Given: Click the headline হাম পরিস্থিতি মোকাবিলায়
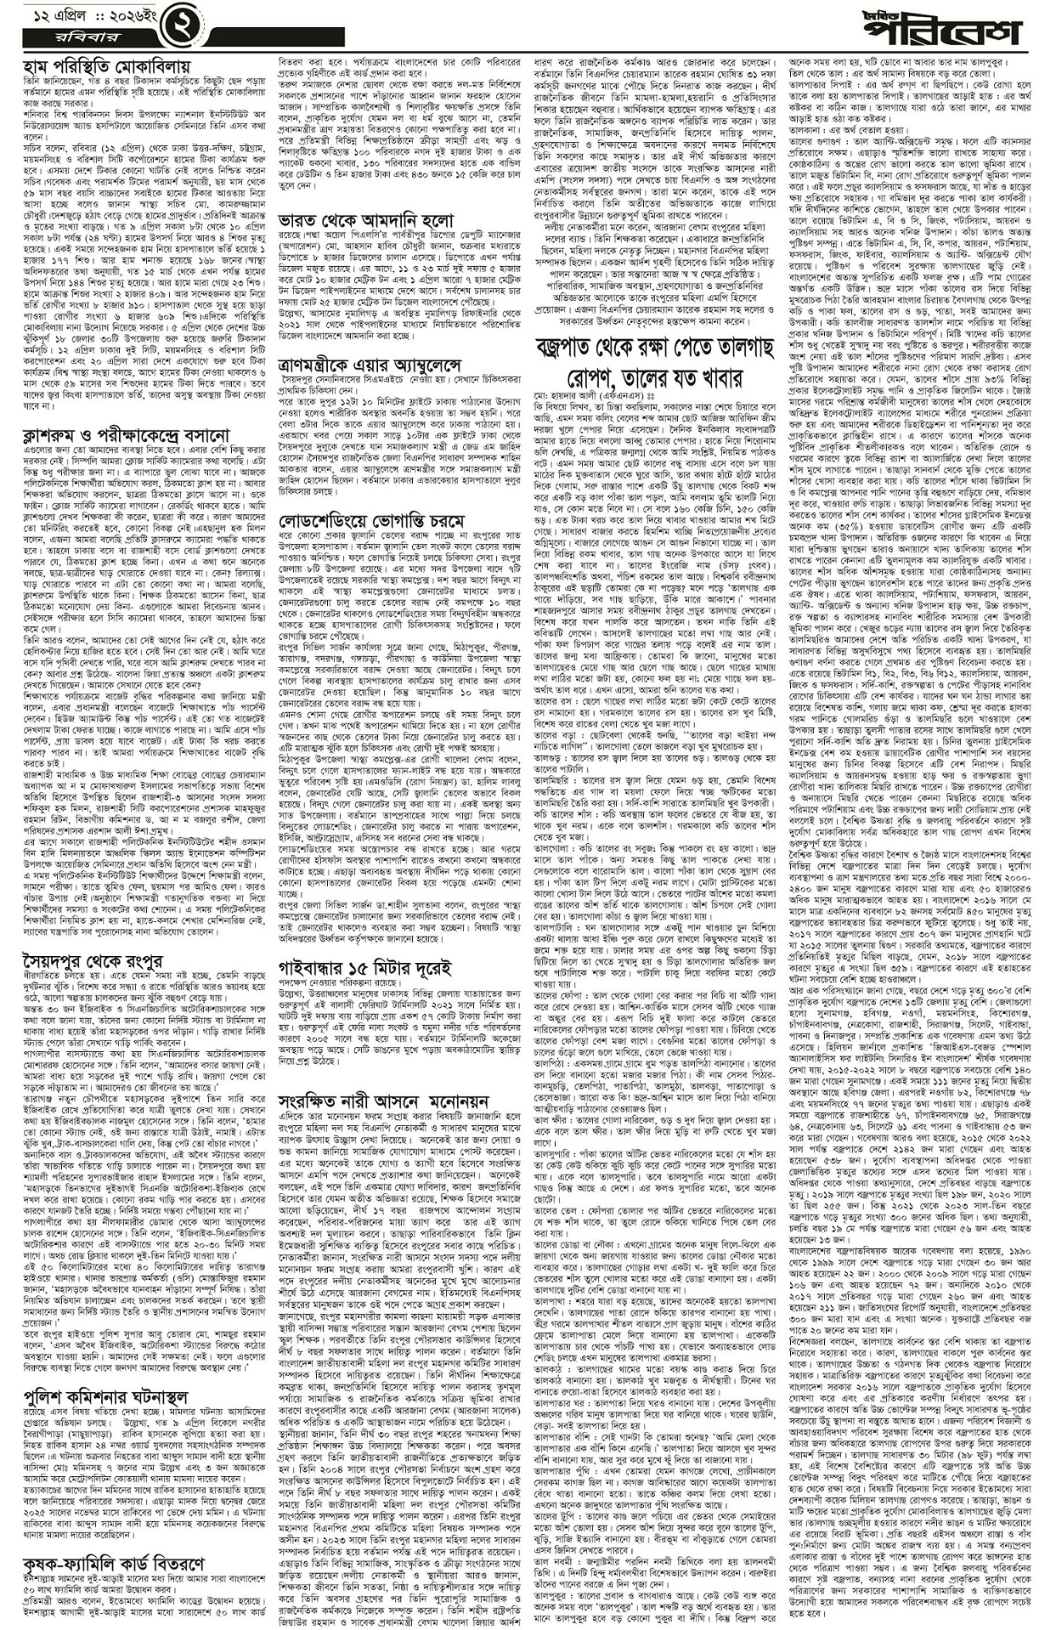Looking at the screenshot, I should point(106,65).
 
